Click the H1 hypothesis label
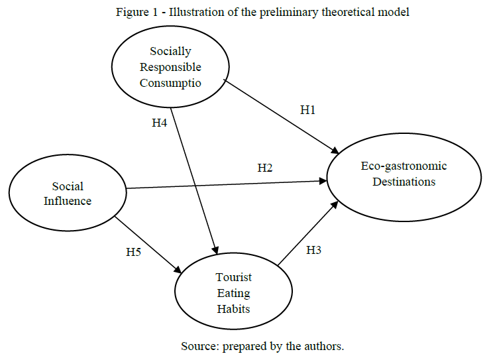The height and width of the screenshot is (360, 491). [x=307, y=111]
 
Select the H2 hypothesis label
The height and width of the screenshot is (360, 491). [x=264, y=168]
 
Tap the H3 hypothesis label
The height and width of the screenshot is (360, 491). [x=313, y=250]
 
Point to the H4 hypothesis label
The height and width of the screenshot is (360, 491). [x=159, y=122]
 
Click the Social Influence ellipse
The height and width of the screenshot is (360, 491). [x=68, y=194]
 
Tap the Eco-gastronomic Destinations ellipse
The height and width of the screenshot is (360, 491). [x=404, y=174]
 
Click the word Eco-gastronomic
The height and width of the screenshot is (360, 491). [x=404, y=166]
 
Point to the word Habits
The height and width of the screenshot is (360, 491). [x=234, y=308]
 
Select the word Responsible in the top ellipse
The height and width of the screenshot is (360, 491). [x=170, y=67]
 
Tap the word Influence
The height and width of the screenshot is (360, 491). [x=68, y=201]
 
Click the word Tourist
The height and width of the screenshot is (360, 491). [x=234, y=277]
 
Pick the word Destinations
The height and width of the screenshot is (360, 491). [x=404, y=182]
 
